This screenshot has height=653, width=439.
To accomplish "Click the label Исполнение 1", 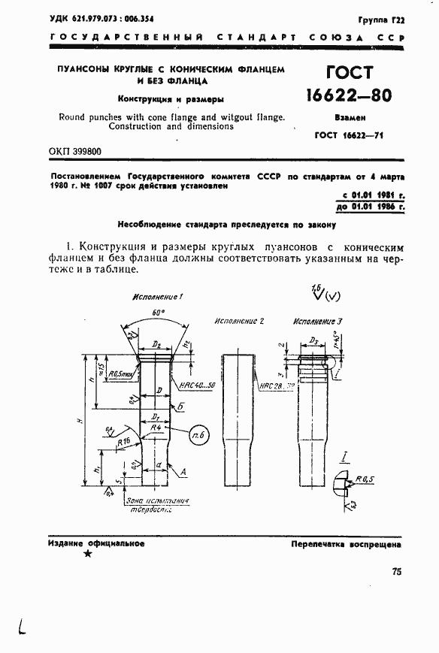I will click(x=157, y=297).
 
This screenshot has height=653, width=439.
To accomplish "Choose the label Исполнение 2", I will click(x=238, y=321).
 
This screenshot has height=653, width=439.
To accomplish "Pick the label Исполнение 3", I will click(x=317, y=321).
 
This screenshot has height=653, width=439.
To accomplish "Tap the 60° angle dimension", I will click(x=157, y=310).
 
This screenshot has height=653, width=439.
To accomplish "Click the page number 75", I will click(x=397, y=572).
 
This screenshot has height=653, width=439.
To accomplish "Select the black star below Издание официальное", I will click(x=88, y=554).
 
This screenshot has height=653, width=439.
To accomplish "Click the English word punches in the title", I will click(x=115, y=116).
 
